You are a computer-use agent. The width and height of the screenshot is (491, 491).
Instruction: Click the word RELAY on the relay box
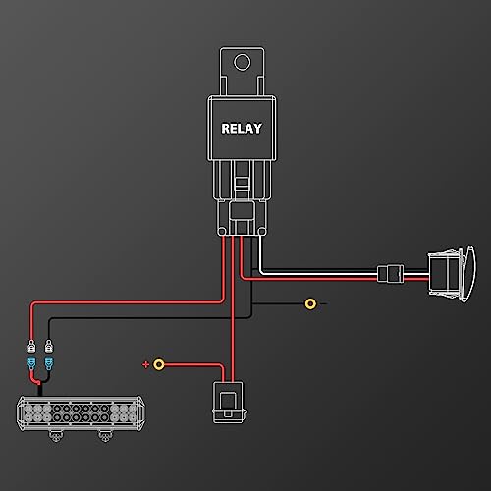(242, 129)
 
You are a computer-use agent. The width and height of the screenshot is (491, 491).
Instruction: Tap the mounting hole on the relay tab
(243, 62)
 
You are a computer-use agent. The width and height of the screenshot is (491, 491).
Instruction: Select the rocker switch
(452, 274)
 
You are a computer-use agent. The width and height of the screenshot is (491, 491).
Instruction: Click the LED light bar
(81, 413)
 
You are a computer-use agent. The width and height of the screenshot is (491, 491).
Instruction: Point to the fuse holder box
(229, 402)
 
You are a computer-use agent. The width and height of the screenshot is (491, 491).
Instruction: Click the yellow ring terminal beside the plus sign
(159, 364)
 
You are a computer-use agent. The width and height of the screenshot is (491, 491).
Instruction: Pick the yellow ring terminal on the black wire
(310, 303)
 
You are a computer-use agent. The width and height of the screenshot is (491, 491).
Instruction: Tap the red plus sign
(145, 364)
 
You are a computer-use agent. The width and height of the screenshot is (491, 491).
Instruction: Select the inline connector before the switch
(390, 274)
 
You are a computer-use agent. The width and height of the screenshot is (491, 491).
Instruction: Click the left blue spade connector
(31, 363)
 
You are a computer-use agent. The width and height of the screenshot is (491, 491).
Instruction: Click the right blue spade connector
(49, 363)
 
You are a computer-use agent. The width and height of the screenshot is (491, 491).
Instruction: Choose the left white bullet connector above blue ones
(31, 346)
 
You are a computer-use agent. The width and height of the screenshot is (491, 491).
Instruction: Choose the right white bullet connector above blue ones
(49, 346)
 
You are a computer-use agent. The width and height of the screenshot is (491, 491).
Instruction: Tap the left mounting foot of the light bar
(56, 436)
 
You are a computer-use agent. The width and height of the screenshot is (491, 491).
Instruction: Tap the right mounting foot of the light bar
(105, 436)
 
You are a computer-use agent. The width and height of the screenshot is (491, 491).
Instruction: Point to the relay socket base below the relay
(242, 218)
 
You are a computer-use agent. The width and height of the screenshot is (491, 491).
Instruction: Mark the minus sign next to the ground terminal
(323, 303)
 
